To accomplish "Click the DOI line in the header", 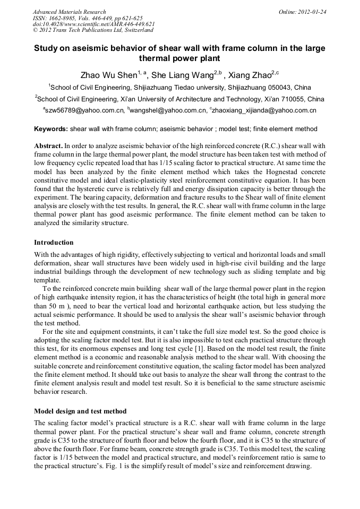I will pos(93,24).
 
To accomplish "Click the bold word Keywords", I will pos(51,129).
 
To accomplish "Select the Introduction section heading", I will pos(54,243).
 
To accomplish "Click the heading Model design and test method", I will pos(80,411).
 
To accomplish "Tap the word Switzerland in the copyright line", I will pos(134,30).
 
